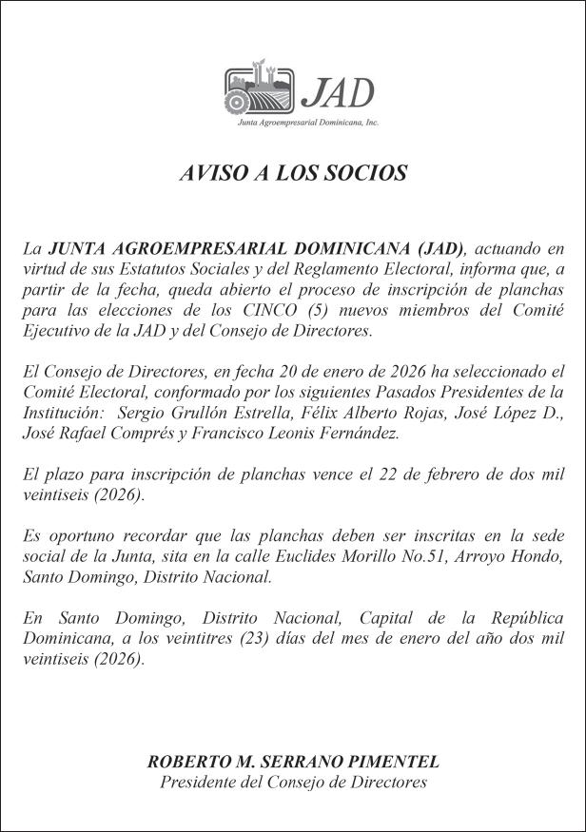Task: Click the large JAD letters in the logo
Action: pos(337,91)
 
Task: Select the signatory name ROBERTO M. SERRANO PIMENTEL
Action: pos(293,763)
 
